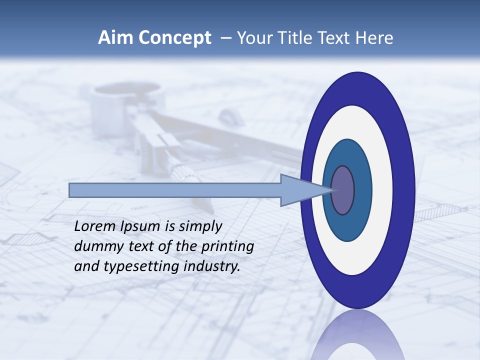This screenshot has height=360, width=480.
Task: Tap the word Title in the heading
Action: click(x=297, y=38)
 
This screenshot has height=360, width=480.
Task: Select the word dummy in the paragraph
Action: click(x=96, y=246)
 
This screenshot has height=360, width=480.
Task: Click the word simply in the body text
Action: click(x=200, y=226)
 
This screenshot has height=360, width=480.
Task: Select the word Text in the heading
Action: click(x=335, y=38)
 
